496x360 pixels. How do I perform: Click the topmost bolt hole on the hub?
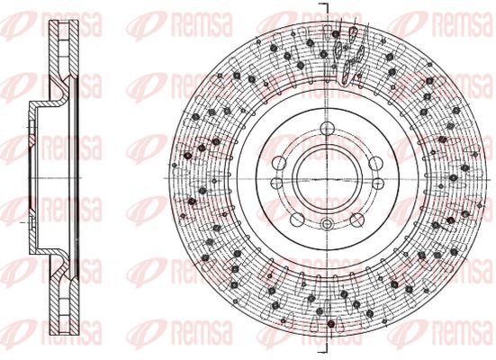(x=327, y=129)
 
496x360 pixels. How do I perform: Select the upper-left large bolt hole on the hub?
(x=279, y=163)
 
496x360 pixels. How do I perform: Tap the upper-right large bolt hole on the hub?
(x=375, y=163)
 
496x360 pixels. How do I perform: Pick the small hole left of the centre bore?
(x=276, y=183)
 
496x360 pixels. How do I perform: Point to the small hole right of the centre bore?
(x=378, y=183)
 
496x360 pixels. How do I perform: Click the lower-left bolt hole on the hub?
(x=297, y=220)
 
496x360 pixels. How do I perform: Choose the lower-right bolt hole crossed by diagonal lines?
(x=356, y=220)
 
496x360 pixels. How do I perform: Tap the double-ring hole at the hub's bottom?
(x=327, y=224)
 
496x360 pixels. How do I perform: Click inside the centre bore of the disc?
(x=327, y=179)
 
